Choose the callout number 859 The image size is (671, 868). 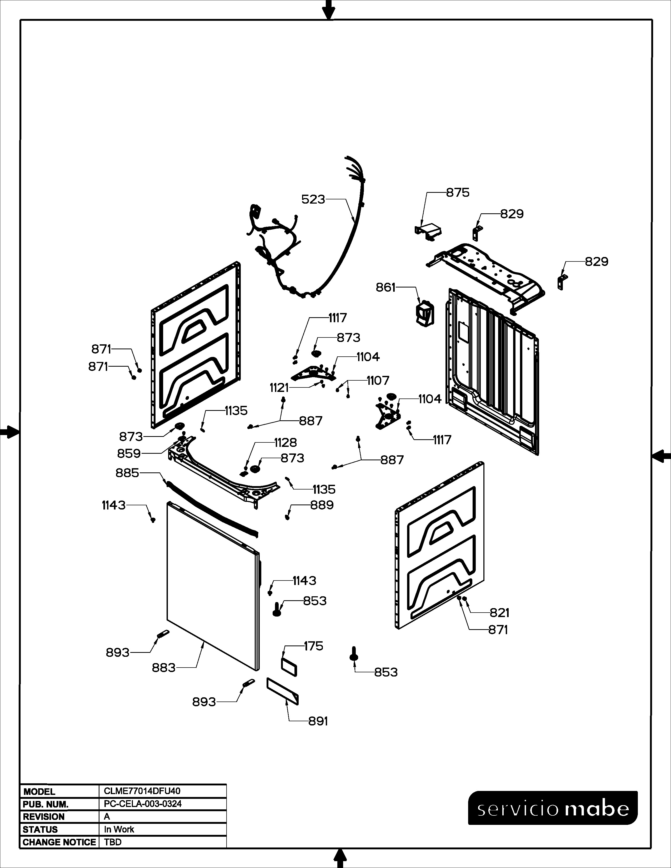[x=128, y=453]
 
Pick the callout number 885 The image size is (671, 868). [x=127, y=473]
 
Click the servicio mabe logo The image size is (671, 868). [x=553, y=809]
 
